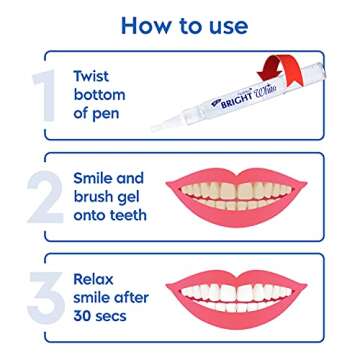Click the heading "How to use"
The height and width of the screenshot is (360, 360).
click(x=180, y=23)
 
